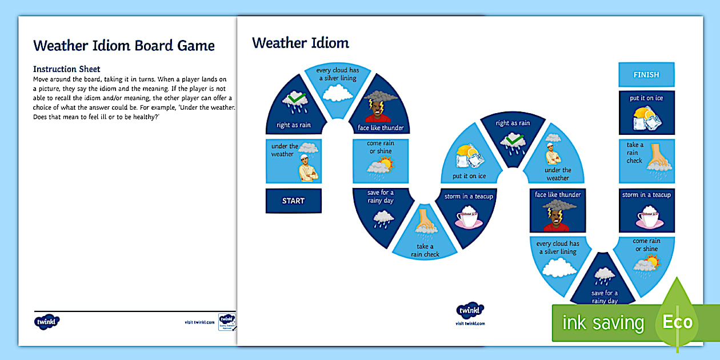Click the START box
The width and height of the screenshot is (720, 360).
293,201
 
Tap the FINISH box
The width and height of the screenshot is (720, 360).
646,75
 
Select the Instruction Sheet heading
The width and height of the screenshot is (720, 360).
67,69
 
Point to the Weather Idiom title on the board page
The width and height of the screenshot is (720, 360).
301,43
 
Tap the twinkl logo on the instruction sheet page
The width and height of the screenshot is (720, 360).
47,321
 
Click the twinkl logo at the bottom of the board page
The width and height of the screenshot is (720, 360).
470,311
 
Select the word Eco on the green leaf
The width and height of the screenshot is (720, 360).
677,322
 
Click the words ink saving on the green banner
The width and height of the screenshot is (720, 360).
603,323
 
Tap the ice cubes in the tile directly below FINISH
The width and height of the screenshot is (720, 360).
647,118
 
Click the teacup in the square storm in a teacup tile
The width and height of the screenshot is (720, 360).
646,217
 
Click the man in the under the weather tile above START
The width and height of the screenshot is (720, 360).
308,169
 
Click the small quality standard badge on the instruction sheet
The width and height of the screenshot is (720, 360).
227,321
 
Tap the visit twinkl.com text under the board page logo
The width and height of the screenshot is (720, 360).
470,323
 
